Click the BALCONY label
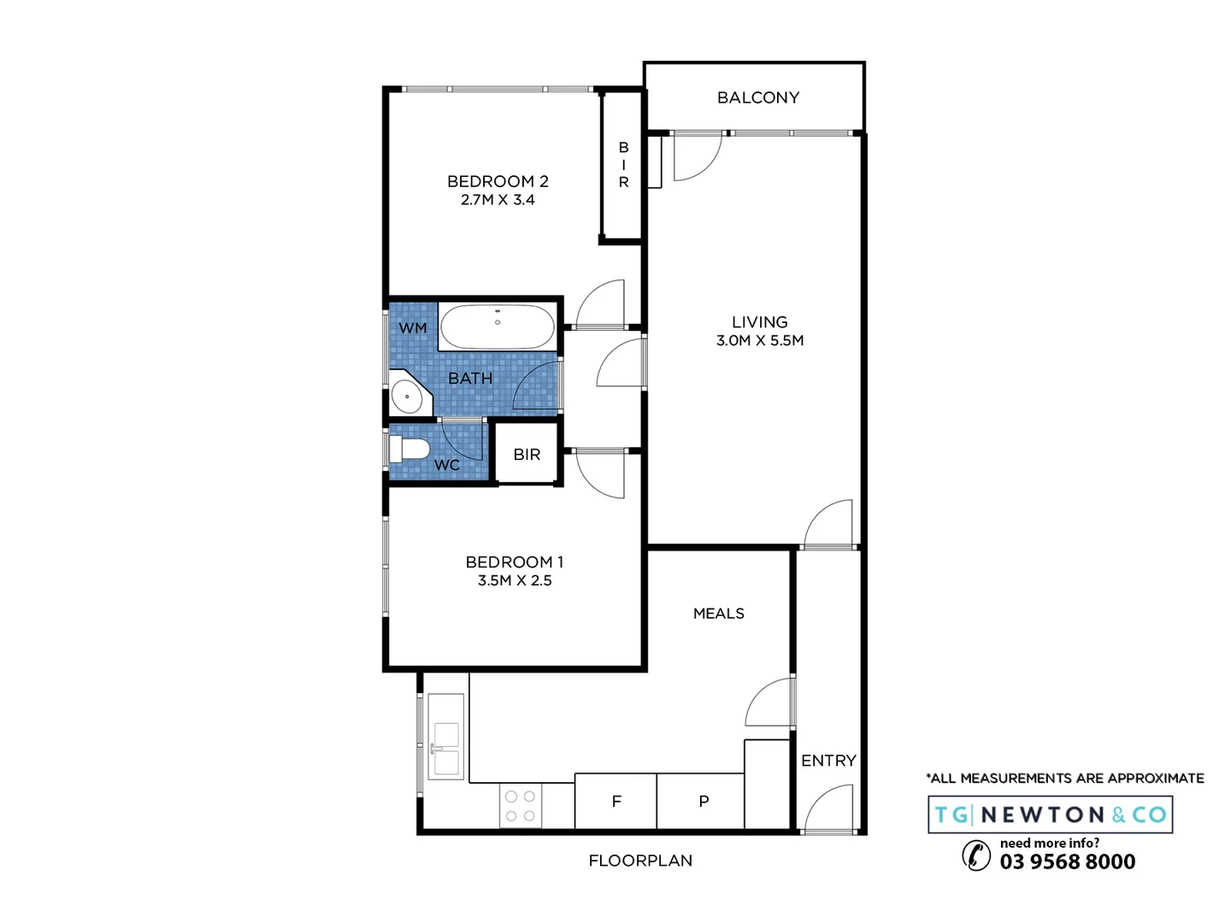coord(757,97)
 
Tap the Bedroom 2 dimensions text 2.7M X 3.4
coord(498,200)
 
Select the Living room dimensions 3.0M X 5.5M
coord(759,340)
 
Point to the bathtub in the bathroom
coord(497,326)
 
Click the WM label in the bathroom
coord(413,328)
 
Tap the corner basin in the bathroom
coord(408,397)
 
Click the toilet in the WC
coord(409,450)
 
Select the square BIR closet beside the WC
coord(527,454)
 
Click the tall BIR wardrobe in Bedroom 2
coord(623,165)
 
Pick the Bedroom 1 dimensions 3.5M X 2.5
coord(514,580)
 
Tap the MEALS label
coord(718,614)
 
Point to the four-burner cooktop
coord(519,805)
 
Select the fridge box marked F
coord(615,801)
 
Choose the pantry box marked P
coord(703,801)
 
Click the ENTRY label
coord(828,761)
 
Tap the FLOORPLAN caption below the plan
coord(640,861)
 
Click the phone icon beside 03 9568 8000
coord(976,855)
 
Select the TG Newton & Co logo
coord(1050,814)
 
